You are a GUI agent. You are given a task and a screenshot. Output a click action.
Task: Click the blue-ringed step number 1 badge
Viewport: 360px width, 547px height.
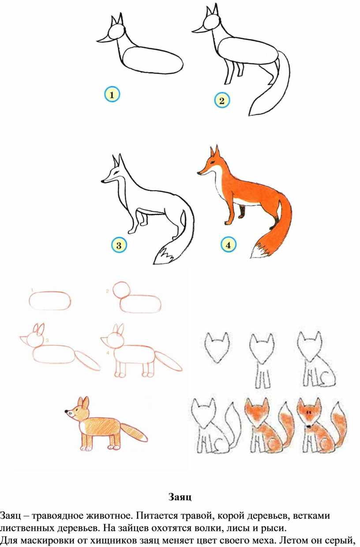pos(112,95)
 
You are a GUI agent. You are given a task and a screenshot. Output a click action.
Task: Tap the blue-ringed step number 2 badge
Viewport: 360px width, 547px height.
pos(222,101)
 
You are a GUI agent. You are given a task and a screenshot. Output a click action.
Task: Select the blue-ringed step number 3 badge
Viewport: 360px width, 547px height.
pos(119,245)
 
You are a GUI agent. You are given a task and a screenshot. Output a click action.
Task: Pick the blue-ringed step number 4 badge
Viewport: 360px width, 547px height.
pos(228,245)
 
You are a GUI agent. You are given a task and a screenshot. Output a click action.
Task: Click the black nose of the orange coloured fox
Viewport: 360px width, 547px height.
pos(199,173)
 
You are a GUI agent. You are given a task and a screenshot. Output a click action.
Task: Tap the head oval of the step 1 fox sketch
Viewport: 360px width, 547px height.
pos(116,31)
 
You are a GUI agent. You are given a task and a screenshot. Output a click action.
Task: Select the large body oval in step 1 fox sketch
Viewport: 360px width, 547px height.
pos(153,60)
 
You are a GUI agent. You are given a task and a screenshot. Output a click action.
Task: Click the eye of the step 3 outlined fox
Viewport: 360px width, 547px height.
pos(116,172)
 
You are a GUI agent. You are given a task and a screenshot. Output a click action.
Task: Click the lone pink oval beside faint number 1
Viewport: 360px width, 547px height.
pos(50,301)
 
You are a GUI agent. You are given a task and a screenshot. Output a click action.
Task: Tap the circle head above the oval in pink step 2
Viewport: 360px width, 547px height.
pos(121,290)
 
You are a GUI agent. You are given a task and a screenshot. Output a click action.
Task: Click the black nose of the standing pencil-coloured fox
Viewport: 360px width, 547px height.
pos(66,411)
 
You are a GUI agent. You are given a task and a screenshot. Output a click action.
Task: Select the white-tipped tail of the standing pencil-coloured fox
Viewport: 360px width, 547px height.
pos(134,432)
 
